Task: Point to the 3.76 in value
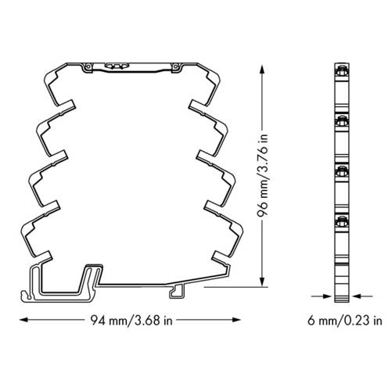click(x=263, y=158)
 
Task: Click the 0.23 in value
click(x=363, y=321)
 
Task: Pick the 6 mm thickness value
click(x=322, y=321)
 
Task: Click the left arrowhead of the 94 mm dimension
click(x=23, y=320)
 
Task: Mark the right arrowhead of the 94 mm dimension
click(x=236, y=320)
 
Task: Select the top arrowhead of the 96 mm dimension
click(x=262, y=69)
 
